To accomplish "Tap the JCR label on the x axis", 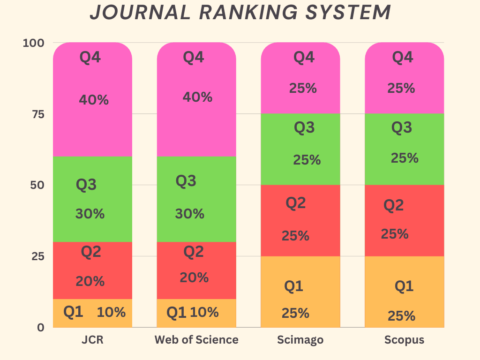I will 92,340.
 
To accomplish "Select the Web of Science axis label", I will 196,340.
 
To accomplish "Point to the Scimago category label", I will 300,340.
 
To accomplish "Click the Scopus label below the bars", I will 404,340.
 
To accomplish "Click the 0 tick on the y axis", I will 41,327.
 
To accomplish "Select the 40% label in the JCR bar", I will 94,100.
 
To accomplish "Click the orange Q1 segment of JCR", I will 92,313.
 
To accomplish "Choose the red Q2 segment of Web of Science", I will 196,270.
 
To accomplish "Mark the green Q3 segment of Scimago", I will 300,149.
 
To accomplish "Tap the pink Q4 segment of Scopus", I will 404,78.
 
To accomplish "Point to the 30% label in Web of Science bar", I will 190,214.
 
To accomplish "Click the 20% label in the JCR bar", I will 90,281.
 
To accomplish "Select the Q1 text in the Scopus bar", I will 404,285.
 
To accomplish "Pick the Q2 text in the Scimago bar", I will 296,203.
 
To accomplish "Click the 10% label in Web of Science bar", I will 204,312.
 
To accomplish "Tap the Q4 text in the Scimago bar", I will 303,57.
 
